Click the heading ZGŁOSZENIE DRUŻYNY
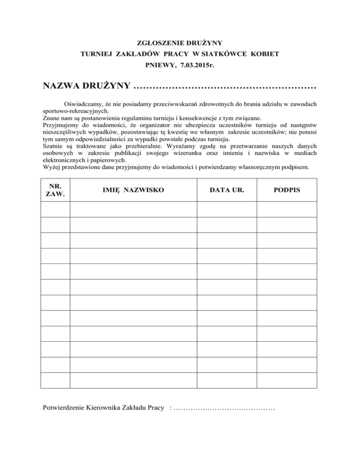180,43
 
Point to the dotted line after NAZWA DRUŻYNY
225,87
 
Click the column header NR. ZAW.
56,190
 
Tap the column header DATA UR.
227,190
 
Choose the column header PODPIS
287,190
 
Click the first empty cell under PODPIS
287,210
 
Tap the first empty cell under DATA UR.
227,210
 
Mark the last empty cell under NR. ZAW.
56,380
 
